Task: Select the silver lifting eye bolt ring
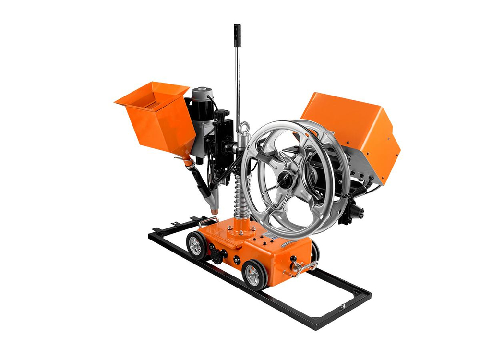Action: tap(245, 128)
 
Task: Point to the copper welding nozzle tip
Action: tap(214, 210)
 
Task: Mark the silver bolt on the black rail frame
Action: tap(343, 306)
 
